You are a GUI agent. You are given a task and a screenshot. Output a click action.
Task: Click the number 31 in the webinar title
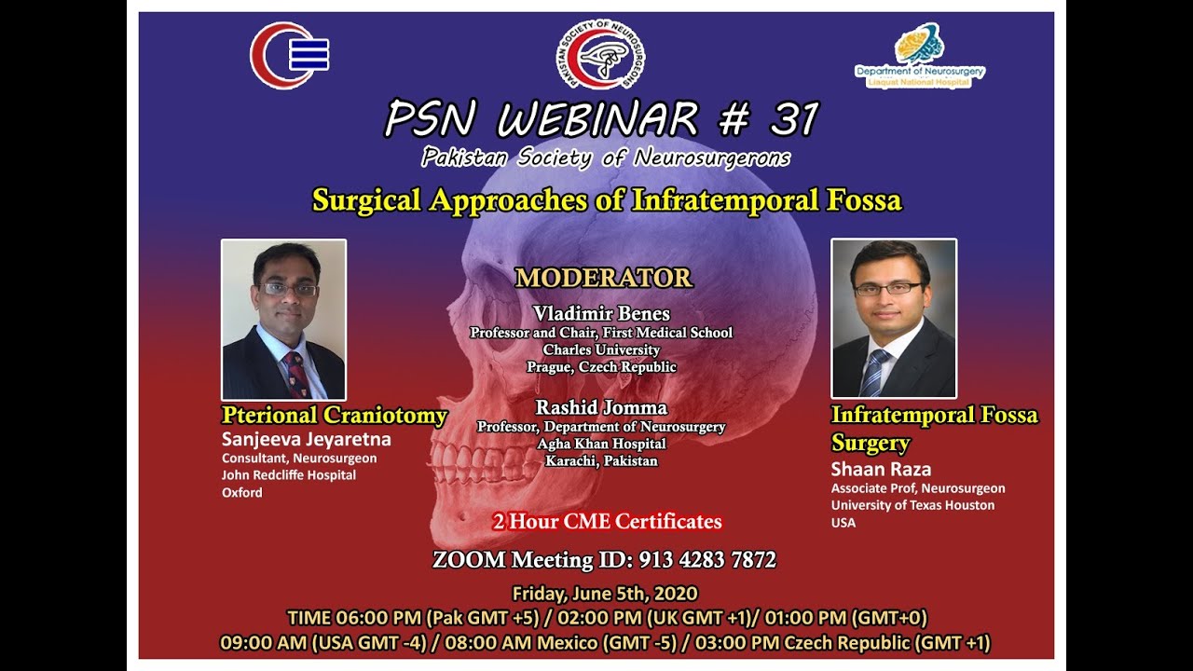pyautogui.click(x=794, y=119)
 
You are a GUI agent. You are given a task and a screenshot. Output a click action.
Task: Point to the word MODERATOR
pyautogui.click(x=603, y=278)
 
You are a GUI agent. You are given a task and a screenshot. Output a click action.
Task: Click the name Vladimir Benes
pyautogui.click(x=601, y=313)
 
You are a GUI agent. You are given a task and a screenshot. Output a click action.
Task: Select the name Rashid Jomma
pyautogui.click(x=601, y=408)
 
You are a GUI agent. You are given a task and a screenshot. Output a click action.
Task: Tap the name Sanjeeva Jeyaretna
pyautogui.click(x=306, y=439)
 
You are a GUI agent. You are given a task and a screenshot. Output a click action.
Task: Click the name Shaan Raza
pyautogui.click(x=881, y=469)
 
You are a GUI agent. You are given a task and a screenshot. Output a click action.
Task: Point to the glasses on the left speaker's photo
pyautogui.click(x=289, y=289)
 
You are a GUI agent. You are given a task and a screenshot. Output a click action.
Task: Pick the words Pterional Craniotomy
pyautogui.click(x=334, y=416)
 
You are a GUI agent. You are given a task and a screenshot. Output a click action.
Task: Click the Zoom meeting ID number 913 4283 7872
pyautogui.click(x=706, y=560)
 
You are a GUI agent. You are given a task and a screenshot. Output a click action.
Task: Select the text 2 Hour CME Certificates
pyautogui.click(x=607, y=522)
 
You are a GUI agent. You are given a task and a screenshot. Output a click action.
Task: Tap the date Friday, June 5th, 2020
pyautogui.click(x=604, y=593)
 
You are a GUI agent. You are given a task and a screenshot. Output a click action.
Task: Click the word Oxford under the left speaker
pyautogui.click(x=241, y=492)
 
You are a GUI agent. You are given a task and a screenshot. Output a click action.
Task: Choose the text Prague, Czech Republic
pyautogui.click(x=601, y=367)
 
